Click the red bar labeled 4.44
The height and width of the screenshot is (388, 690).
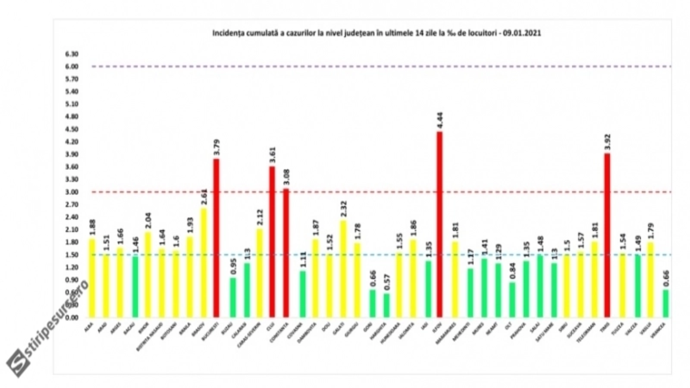pos(439,225)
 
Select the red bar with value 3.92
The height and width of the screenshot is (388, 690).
pos(607,235)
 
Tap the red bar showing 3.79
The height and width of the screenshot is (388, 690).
pos(216,238)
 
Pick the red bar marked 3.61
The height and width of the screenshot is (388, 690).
pos(272,242)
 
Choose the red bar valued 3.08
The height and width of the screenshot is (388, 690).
pos(286,253)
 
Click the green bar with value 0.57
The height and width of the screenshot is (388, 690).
pos(386,305)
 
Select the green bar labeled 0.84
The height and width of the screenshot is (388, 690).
pos(512,300)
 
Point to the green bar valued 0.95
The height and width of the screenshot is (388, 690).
pos(233,297)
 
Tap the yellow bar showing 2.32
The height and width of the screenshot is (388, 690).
pos(343,269)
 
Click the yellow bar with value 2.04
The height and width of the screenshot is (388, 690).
pos(147,275)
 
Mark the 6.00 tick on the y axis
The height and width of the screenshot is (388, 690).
pos(72,66)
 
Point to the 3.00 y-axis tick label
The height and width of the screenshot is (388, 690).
pos(72,192)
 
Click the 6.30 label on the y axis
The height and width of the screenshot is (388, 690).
pos(72,54)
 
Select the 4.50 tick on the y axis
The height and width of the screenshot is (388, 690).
pos(72,129)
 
